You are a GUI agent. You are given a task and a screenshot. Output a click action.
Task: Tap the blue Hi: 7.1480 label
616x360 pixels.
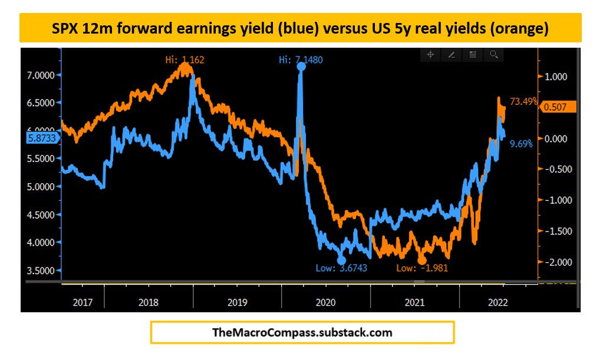[301, 60]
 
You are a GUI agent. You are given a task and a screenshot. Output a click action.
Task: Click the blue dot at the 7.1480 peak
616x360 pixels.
[301, 67]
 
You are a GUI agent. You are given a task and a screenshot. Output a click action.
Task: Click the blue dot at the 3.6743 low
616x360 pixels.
[341, 260]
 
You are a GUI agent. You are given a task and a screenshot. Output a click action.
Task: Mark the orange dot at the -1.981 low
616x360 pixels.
[421, 260]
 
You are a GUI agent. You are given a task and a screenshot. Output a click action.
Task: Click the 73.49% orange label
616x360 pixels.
[523, 101]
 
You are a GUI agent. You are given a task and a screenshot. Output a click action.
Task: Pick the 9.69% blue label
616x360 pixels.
[521, 143]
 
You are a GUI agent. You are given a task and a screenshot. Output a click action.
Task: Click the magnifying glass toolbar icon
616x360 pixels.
[494, 55]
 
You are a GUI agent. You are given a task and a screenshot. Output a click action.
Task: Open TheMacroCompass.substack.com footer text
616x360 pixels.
[302, 332]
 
